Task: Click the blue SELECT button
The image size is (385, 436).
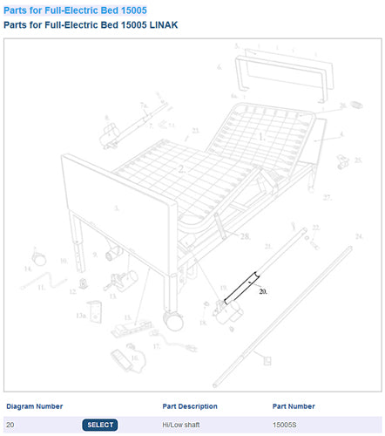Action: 101,425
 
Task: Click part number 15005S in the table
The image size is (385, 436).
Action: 285,425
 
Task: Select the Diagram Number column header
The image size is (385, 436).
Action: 35,406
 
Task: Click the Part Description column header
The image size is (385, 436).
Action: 190,406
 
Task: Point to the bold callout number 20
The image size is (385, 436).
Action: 263,293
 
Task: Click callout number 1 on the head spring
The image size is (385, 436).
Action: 260,137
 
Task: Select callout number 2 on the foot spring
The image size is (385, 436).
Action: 181,168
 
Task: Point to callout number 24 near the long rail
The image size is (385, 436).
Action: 358,235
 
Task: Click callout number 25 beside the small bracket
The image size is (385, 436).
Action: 358,160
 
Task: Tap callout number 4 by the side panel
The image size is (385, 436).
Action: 341,134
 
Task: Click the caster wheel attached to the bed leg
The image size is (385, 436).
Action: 173,320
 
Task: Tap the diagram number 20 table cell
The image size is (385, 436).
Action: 10,425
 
